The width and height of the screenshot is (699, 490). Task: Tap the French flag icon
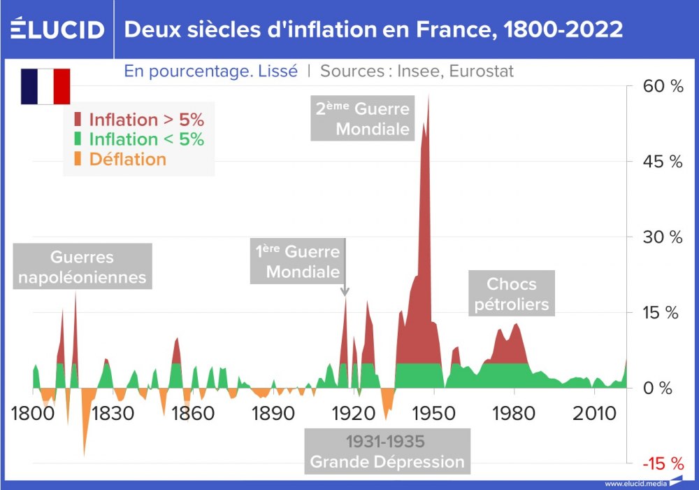pyautogui.click(x=45, y=87)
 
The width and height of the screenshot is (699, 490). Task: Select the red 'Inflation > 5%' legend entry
pyautogui.click(x=139, y=120)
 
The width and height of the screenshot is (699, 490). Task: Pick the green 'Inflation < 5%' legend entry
pyautogui.click(x=139, y=139)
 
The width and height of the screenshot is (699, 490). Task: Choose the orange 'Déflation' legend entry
pyautogui.click(x=120, y=159)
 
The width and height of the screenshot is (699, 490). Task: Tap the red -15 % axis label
pyautogui.click(x=662, y=463)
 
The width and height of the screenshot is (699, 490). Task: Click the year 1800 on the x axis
pyautogui.click(x=33, y=413)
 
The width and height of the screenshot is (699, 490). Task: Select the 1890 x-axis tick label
pyautogui.click(x=274, y=413)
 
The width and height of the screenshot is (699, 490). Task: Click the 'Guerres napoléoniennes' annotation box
pyautogui.click(x=82, y=267)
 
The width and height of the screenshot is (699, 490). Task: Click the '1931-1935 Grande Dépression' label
pyautogui.click(x=387, y=451)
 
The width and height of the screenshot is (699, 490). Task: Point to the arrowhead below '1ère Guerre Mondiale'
pyautogui.click(x=345, y=292)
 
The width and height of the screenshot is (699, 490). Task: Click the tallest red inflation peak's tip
pyautogui.click(x=428, y=95)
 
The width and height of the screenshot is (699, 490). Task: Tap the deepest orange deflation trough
pyautogui.click(x=85, y=455)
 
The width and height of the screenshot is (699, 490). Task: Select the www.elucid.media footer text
pyautogui.click(x=635, y=483)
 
